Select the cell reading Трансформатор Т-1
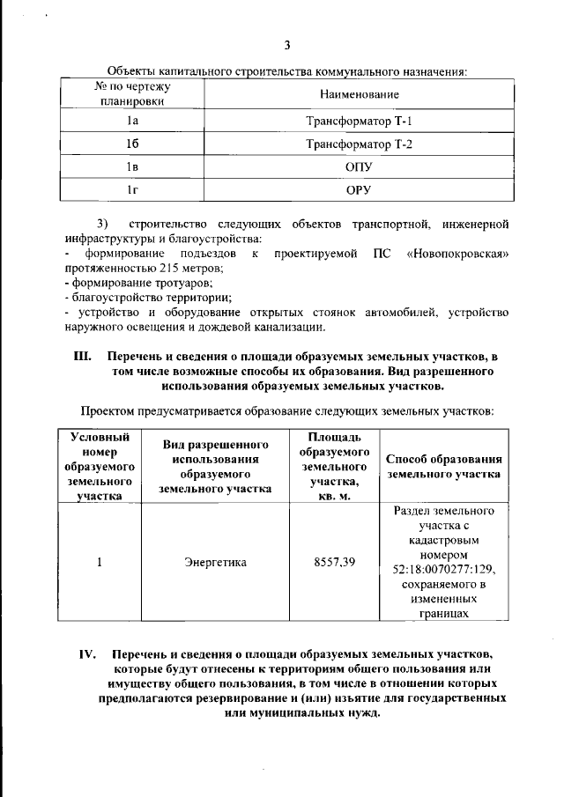click(x=359, y=121)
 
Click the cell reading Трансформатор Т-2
click(x=359, y=144)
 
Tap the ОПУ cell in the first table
click(x=359, y=166)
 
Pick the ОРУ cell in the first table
click(x=359, y=189)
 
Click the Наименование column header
click(x=359, y=93)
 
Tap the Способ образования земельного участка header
click(x=445, y=466)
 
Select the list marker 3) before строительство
click(x=101, y=224)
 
